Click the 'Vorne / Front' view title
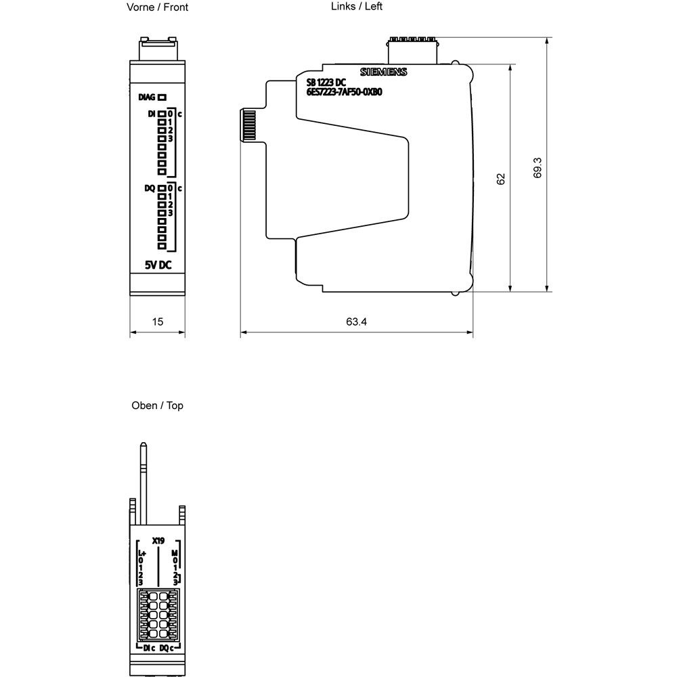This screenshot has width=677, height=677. [157, 7]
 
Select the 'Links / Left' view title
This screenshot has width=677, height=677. [357, 6]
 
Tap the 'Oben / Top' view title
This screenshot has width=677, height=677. [157, 406]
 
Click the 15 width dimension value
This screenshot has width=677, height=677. [157, 322]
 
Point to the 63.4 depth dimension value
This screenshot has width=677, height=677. [356, 322]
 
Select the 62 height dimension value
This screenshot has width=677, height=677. [501, 179]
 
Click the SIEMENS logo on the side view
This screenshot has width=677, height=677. [384, 72]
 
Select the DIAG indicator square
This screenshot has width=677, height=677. [162, 97]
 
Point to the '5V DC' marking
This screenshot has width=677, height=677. [157, 265]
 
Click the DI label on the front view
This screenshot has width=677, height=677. [152, 114]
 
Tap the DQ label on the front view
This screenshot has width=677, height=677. [150, 188]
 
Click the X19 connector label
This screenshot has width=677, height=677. [158, 541]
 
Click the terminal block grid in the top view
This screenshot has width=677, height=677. [158, 613]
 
